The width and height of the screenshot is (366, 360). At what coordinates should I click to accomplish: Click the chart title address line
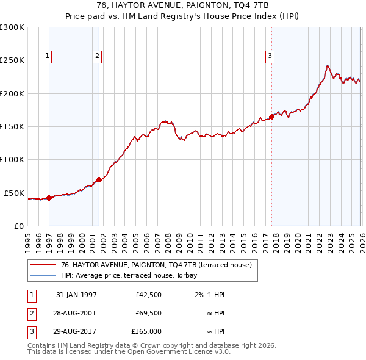[183, 5]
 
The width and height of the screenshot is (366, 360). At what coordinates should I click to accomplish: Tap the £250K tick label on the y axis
[12, 60]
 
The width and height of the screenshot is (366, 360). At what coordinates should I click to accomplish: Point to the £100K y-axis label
[12, 159]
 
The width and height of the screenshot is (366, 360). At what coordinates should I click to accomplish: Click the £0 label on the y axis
[18, 226]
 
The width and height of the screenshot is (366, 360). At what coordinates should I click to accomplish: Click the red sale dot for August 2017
[271, 117]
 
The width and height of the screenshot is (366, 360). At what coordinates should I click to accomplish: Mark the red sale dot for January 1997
[49, 197]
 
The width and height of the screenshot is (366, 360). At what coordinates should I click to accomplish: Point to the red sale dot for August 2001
[99, 180]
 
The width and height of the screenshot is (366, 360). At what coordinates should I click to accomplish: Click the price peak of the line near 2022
[328, 65]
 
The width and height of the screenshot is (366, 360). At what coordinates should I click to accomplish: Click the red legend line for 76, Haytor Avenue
[43, 265]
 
